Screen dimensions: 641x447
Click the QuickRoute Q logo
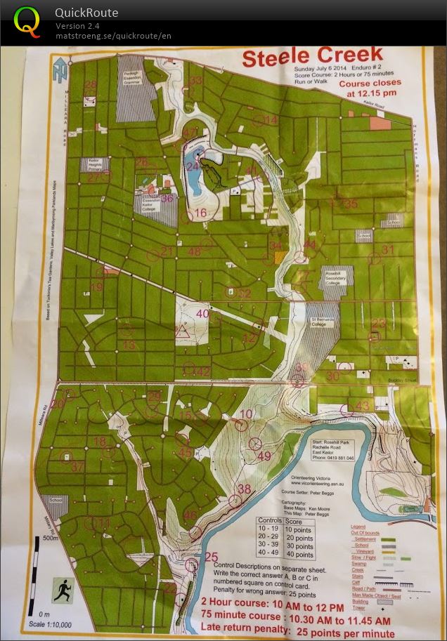(27, 22)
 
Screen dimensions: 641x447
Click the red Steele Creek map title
(312, 56)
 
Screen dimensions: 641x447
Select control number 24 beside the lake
(193, 166)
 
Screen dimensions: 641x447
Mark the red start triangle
(183, 331)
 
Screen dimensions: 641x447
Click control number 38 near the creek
(244, 489)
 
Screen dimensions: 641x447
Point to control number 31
(388, 249)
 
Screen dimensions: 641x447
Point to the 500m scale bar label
(50, 538)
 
